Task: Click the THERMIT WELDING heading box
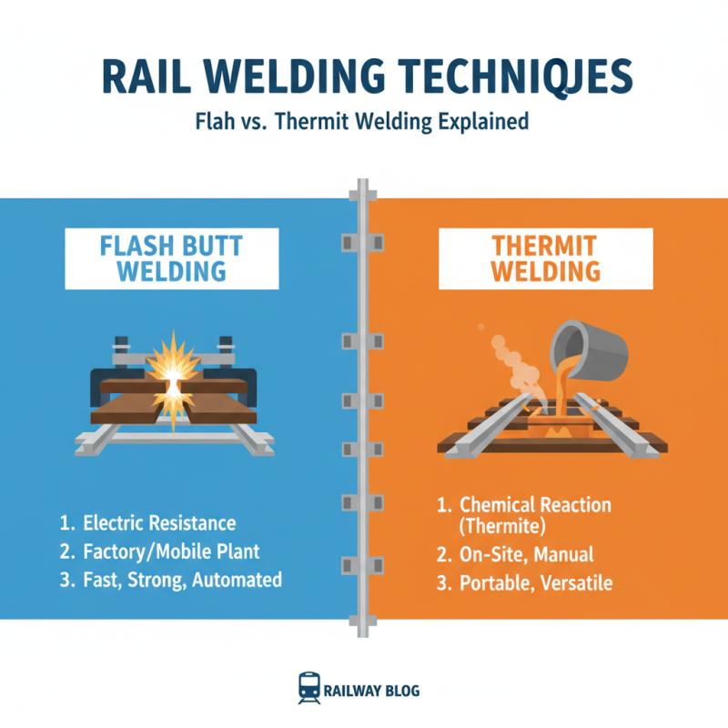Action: pos(545,258)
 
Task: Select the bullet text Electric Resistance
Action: pos(158,523)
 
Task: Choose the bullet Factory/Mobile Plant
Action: pos(171,551)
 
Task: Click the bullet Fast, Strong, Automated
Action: pos(181,580)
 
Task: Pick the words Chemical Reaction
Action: pos(535,505)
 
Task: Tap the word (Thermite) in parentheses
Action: pos(501,526)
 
